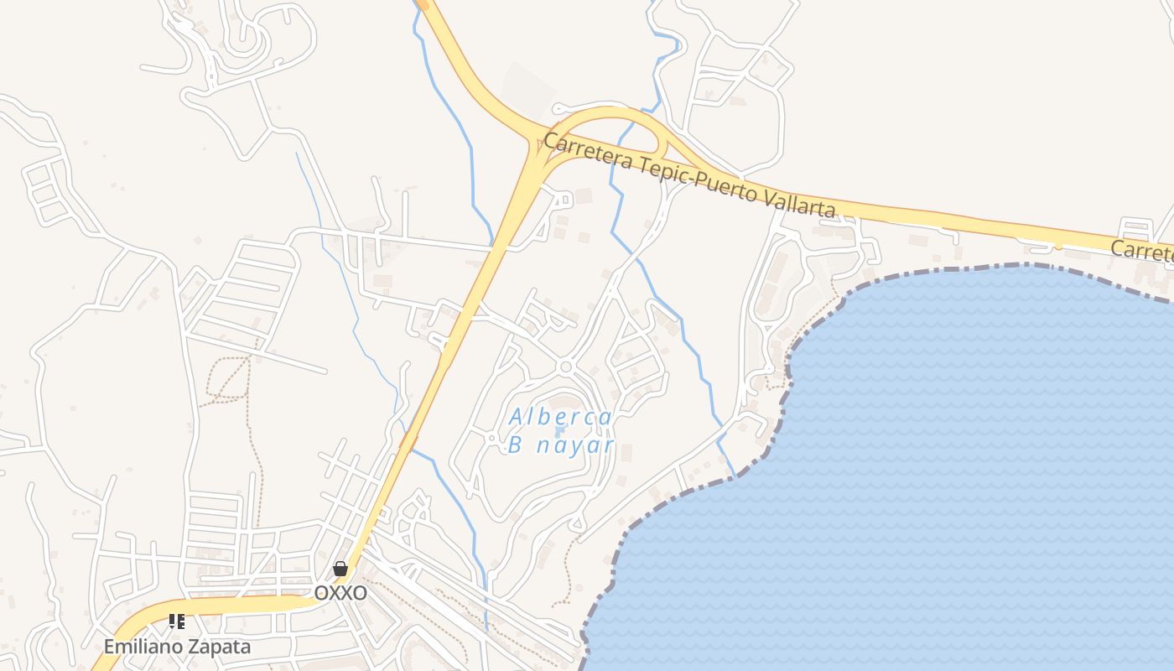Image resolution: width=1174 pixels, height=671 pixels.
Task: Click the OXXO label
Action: point(340,593)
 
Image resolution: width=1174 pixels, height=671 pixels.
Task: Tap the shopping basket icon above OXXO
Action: point(340,569)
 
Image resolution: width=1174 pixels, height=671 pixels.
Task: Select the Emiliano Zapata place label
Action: point(177,647)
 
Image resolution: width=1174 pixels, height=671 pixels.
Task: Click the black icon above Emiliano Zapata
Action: point(177,622)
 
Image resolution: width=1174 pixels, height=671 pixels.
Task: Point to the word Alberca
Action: point(560,416)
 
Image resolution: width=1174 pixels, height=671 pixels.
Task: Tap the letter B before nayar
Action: point(516,445)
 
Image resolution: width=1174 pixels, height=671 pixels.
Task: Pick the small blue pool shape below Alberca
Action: point(561,431)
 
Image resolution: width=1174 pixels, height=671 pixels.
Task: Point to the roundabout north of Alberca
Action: point(566,367)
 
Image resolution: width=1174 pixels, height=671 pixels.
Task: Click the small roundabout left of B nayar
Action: point(492,438)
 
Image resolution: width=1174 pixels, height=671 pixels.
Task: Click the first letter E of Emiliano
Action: point(109,647)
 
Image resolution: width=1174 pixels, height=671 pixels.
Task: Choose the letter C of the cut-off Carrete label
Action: point(1117,248)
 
